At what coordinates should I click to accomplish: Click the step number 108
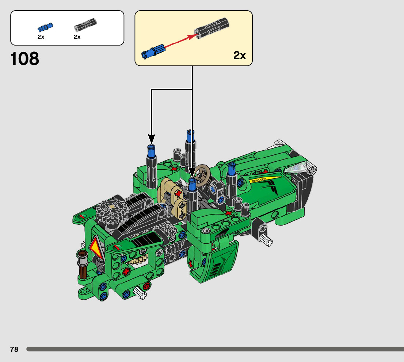pos(25,58)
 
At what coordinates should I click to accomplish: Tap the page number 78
pos(14,349)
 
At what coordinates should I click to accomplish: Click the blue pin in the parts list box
pos(45,27)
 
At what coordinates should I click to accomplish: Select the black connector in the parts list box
pos(85,25)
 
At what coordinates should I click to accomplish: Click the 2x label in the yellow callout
pos(239,55)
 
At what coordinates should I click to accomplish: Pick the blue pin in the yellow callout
pos(153,51)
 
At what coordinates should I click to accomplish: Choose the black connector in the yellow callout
pos(212,28)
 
